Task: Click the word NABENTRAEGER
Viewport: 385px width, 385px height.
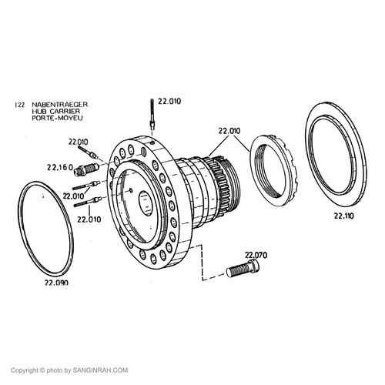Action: tap(60, 105)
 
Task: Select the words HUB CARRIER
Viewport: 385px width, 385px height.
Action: tap(56, 112)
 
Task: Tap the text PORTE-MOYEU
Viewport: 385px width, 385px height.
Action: tap(57, 119)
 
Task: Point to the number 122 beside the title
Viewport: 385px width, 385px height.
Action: tap(20, 105)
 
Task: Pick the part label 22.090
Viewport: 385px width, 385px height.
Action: tap(56, 283)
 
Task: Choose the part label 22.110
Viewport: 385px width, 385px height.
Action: tap(343, 216)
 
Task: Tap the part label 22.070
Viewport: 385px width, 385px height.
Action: tap(256, 255)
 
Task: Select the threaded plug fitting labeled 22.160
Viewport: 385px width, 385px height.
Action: tap(85, 169)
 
